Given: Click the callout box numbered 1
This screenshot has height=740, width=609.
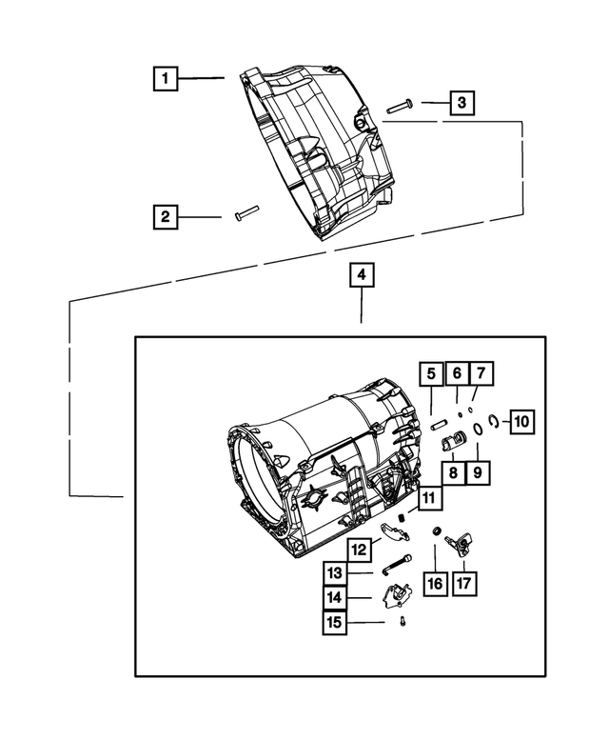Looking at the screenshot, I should tap(166, 78).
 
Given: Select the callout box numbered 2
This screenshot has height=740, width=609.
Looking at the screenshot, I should tap(166, 217).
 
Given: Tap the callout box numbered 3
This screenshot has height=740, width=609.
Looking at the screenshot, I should tap(462, 103).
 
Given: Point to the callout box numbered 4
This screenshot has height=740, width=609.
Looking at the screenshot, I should tap(362, 275).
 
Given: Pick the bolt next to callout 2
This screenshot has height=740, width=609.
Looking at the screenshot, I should tap(246, 214).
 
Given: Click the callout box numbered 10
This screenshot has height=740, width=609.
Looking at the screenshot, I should tap(521, 420).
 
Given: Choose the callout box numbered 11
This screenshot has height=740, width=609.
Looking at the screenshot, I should tap(429, 497).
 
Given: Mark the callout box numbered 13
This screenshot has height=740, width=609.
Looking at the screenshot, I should tap(334, 573).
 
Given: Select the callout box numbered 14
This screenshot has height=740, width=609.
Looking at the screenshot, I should tap(334, 597).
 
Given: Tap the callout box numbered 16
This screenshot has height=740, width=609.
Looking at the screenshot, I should tap(435, 583).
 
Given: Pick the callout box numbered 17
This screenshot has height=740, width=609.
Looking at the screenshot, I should tap(466, 583).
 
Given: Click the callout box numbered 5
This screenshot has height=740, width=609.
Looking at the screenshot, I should tap(430, 372).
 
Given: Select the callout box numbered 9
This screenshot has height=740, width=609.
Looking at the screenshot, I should tap(478, 472).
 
